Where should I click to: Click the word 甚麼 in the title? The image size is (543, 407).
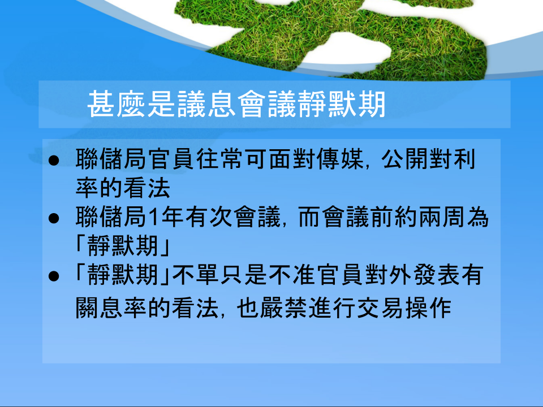pos(116,104)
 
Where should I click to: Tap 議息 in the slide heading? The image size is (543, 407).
pos(206,104)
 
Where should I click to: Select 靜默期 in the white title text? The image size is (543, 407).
pos(341,104)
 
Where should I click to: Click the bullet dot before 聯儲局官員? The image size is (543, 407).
pos(54,161)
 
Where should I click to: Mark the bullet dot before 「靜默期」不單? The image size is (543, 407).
pos(54,276)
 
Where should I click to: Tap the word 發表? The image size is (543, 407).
pos(436,275)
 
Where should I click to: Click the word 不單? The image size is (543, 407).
pos(195,275)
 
